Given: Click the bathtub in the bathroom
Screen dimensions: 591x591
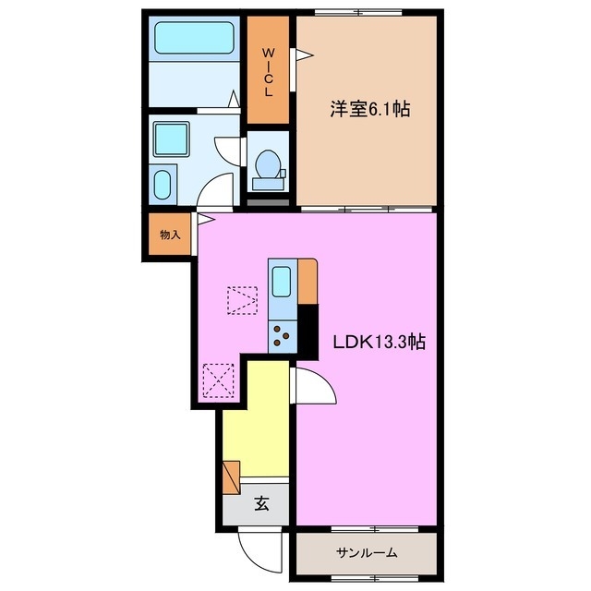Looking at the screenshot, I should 193,40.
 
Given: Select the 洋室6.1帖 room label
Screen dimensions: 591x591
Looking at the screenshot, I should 369,109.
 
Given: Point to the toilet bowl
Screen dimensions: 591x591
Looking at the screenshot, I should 269,165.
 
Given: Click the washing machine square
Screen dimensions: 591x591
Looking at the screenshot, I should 171,139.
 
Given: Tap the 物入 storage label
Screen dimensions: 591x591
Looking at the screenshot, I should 170,235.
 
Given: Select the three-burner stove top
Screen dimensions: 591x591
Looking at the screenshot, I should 283,334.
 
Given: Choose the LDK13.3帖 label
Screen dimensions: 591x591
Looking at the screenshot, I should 379,341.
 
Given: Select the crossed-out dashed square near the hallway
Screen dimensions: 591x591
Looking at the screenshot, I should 218,380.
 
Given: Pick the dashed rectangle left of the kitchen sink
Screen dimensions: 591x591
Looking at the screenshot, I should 242,299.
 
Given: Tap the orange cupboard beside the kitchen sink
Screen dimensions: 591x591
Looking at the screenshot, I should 308,281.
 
